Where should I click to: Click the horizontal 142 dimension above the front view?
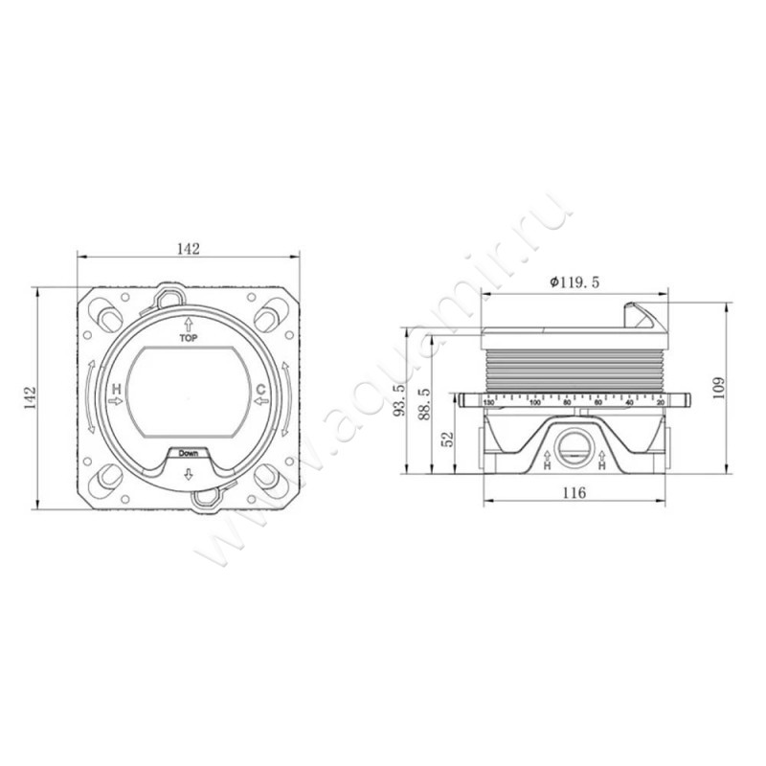click(188, 248)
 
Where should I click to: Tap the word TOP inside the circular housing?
click(188, 338)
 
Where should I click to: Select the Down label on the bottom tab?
click(188, 454)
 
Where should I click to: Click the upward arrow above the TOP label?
click(188, 325)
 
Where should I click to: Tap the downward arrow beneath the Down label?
click(188, 474)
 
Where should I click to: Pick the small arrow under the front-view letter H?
click(117, 402)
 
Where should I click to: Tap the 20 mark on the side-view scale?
click(660, 403)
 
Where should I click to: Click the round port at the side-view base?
click(574, 446)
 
